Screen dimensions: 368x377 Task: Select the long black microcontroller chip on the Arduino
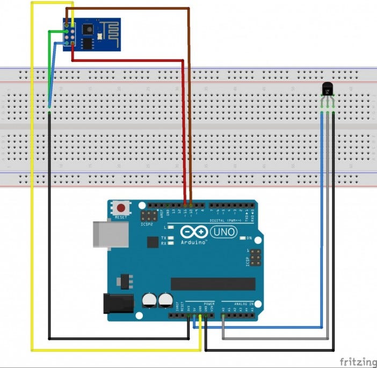pos(213,284)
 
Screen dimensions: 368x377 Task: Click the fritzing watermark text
pos(357,360)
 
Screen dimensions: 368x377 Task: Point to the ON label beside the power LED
pos(249,238)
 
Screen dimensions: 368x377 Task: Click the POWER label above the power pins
pos(209,304)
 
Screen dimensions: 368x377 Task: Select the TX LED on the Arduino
pos(164,237)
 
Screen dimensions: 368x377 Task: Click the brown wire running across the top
pos(129,8)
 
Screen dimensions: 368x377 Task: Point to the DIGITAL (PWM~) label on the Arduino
pos(225,220)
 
